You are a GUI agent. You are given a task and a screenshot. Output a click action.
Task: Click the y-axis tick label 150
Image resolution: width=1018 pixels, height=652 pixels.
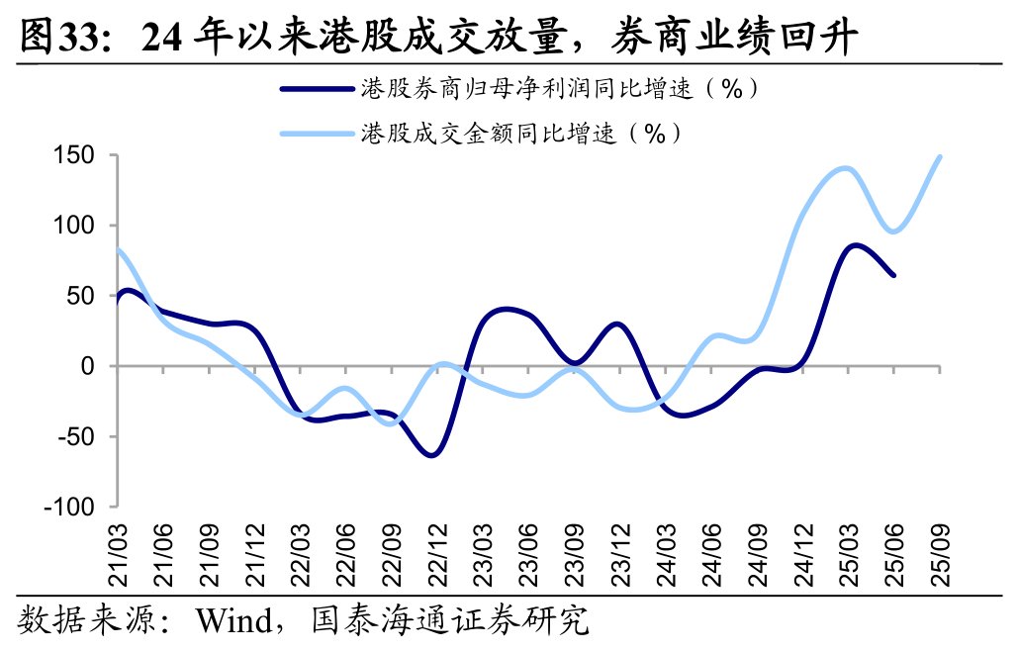74,156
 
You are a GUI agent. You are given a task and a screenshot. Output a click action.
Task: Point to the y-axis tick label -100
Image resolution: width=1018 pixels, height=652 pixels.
69,507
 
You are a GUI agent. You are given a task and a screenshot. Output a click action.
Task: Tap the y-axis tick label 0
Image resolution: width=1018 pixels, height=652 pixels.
87,366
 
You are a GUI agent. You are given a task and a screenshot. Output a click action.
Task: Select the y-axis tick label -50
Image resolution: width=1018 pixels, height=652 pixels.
74,436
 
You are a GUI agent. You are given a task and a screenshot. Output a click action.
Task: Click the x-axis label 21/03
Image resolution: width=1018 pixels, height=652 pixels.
120,560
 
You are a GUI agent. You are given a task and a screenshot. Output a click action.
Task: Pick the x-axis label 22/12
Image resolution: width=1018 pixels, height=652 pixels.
437,560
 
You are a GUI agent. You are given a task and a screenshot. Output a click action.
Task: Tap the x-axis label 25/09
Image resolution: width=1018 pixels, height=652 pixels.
939,560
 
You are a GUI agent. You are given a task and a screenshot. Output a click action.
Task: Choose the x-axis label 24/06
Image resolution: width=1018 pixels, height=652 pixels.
711,560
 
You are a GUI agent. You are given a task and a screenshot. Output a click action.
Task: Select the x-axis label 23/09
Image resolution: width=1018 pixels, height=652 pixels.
574,560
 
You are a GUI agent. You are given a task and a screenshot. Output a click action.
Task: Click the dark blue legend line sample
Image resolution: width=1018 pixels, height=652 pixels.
318,89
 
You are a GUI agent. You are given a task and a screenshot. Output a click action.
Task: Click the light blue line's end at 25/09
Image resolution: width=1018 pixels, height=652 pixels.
939,156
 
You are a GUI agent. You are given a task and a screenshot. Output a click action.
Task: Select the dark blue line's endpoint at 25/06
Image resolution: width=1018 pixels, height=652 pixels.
893,275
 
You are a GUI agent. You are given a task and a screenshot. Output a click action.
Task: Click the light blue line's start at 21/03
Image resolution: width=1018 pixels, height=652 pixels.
119,250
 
